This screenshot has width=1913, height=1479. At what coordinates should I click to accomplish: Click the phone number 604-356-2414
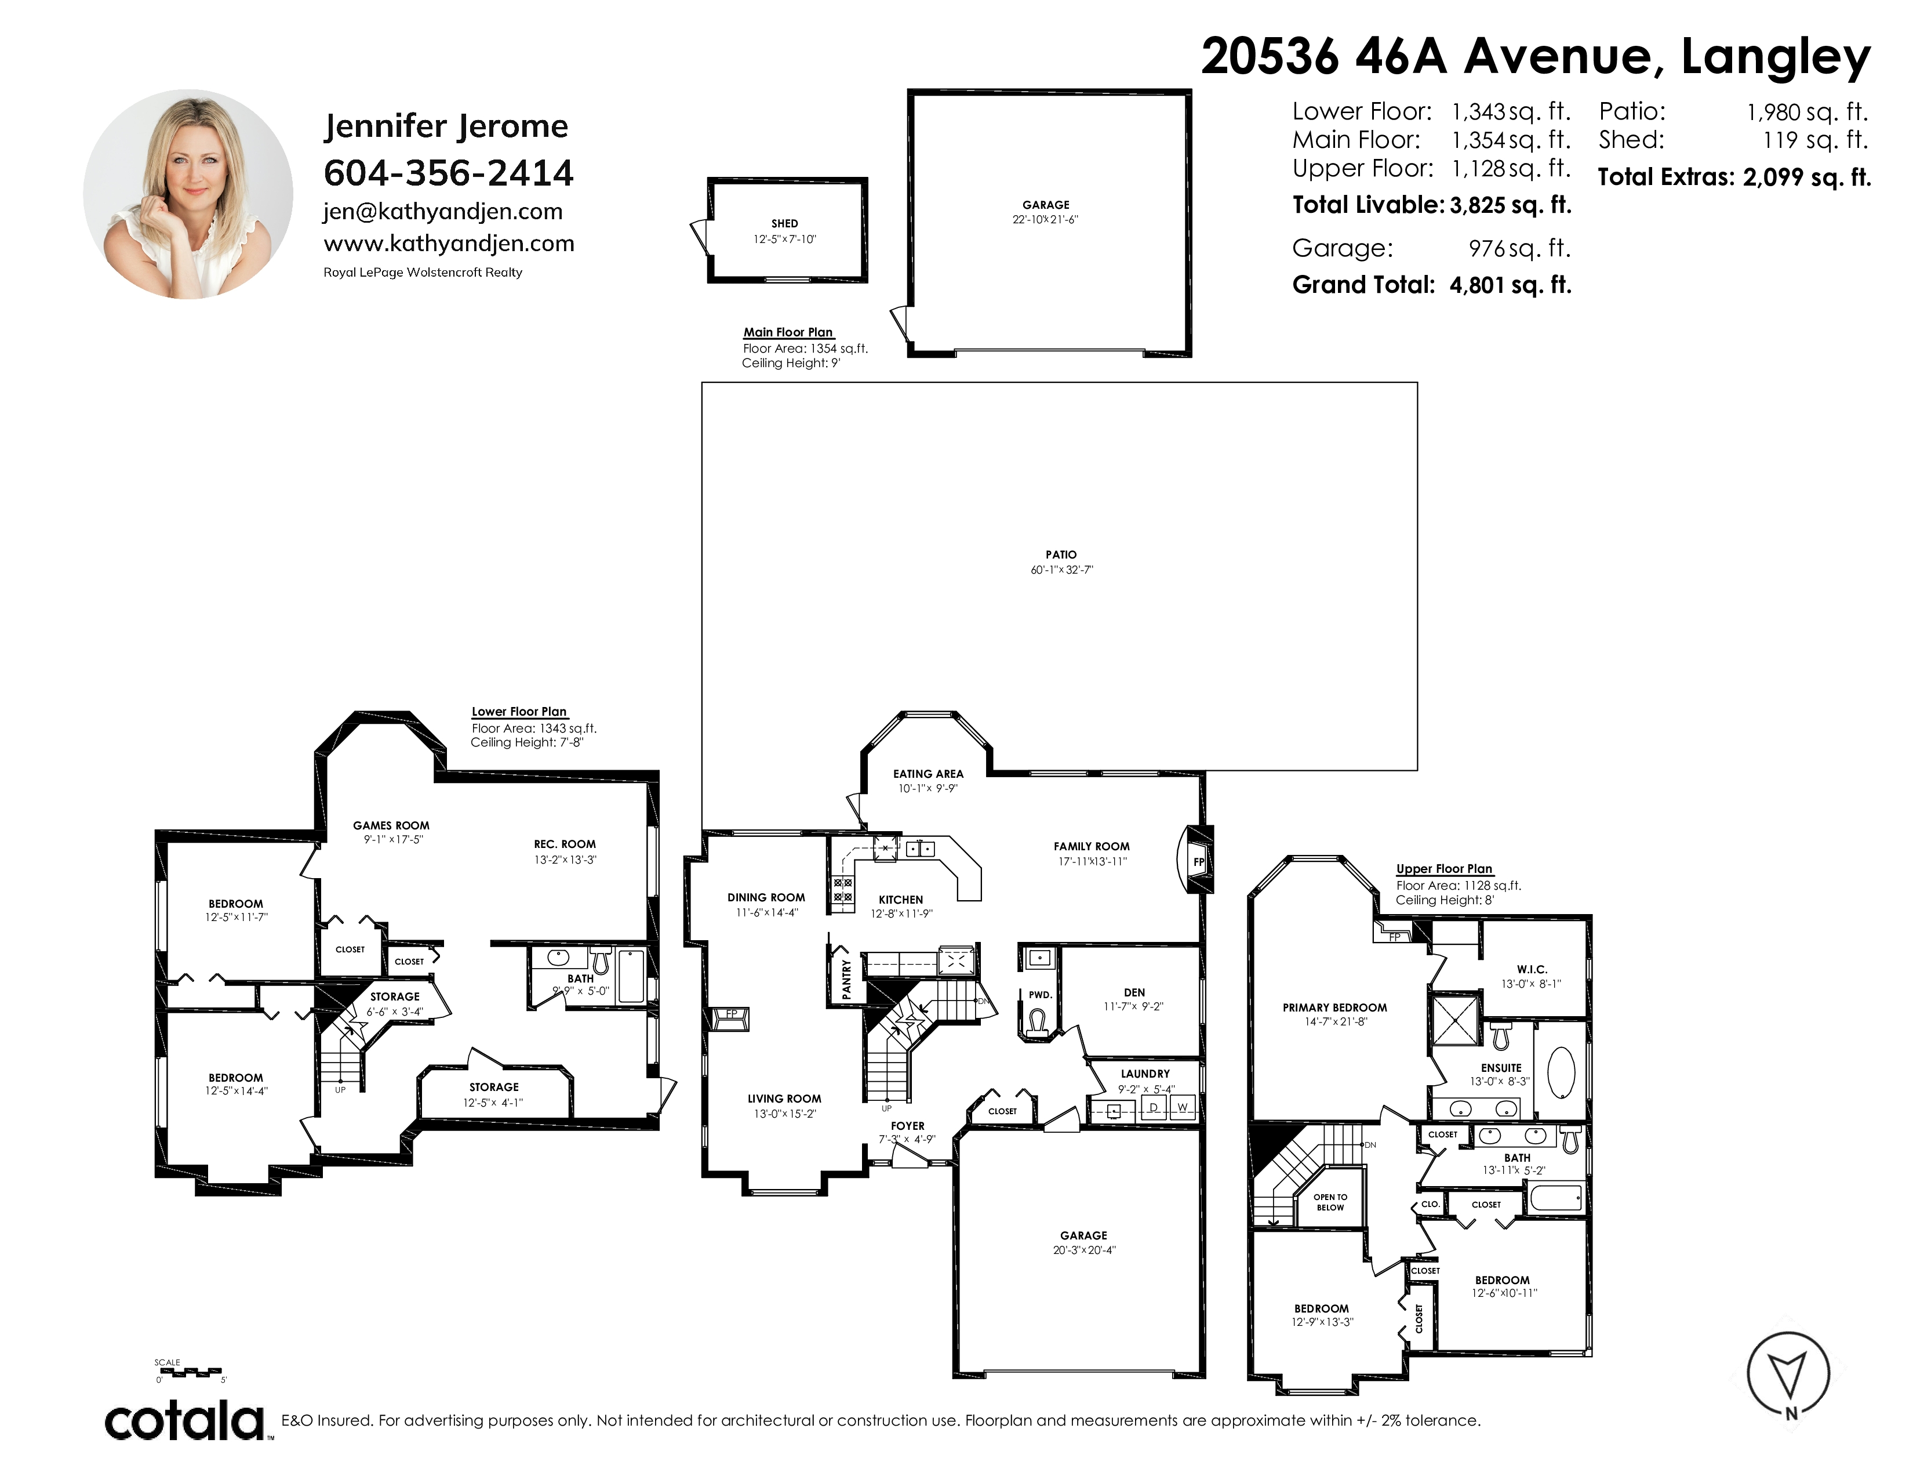pyautogui.click(x=449, y=173)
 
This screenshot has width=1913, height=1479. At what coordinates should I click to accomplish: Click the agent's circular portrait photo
pyautogui.click(x=188, y=194)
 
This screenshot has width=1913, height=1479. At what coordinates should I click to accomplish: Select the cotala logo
pyautogui.click(x=185, y=1420)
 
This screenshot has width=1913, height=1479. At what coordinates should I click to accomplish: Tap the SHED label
pyautogui.click(x=785, y=223)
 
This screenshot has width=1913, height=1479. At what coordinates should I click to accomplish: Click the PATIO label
pyautogui.click(x=1061, y=554)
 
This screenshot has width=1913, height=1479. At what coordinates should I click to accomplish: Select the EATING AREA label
pyautogui.click(x=929, y=774)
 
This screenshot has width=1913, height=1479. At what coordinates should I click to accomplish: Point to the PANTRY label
pyautogui.click(x=846, y=978)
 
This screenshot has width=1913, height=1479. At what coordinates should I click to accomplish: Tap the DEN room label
pyautogui.click(x=1134, y=993)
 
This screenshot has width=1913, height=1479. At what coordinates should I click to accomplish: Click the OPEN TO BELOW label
pyautogui.click(x=1330, y=1202)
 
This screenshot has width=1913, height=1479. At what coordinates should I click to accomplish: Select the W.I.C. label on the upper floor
pyautogui.click(x=1532, y=969)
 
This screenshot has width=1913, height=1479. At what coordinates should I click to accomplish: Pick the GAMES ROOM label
pyautogui.click(x=391, y=825)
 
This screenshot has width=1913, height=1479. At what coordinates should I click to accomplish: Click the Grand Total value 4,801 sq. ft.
pyautogui.click(x=1511, y=285)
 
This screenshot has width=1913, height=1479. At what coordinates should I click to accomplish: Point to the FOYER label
pyautogui.click(x=907, y=1126)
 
